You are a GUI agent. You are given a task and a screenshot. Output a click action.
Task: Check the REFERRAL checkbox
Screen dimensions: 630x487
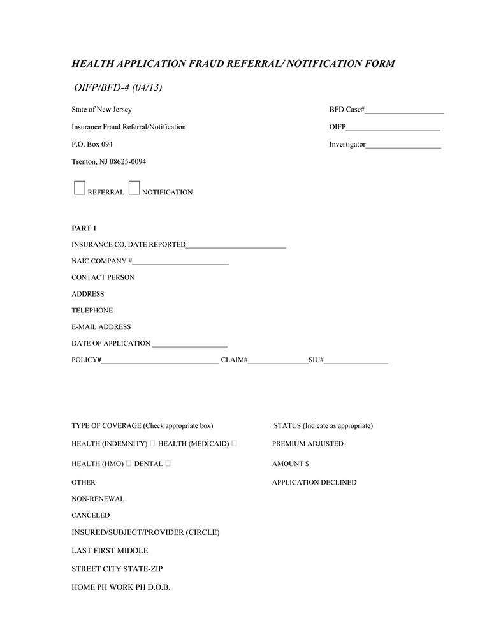tap(80, 187)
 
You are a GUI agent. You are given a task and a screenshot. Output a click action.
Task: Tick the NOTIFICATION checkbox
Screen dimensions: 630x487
tap(134, 187)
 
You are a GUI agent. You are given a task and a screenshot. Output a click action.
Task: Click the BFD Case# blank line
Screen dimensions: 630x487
tap(404, 112)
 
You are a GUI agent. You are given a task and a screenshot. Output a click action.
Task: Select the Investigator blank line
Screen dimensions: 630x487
tap(403, 147)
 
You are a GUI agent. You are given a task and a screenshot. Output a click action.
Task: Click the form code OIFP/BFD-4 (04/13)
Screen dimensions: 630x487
tap(118, 87)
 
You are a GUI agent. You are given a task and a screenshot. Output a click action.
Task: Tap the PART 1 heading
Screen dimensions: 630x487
tap(84, 228)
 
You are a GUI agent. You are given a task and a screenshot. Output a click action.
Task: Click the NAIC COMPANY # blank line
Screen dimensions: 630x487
tap(180, 263)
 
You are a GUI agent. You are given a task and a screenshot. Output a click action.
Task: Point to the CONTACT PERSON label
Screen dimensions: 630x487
tap(103, 277)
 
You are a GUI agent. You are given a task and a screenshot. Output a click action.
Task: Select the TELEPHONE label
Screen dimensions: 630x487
tap(92, 311)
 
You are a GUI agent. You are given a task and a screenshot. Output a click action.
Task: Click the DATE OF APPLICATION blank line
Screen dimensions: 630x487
tap(190, 345)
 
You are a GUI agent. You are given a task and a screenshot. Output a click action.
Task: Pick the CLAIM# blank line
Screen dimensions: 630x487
tap(278, 362)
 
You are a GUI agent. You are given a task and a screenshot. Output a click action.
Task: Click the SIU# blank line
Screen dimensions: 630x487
tap(356, 362)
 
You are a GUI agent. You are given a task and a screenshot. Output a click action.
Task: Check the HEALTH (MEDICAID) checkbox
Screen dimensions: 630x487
tap(235, 443)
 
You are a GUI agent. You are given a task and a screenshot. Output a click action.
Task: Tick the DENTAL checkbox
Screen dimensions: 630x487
tap(168, 464)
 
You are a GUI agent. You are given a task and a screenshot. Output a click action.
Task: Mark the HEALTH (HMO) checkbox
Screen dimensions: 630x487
tap(129, 464)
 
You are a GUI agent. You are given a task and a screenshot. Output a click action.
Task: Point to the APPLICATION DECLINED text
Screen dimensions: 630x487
tap(314, 483)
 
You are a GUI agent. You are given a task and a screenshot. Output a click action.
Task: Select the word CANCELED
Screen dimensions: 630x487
tap(91, 515)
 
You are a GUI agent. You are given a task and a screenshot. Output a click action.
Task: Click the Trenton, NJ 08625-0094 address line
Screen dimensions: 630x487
tap(108, 162)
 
